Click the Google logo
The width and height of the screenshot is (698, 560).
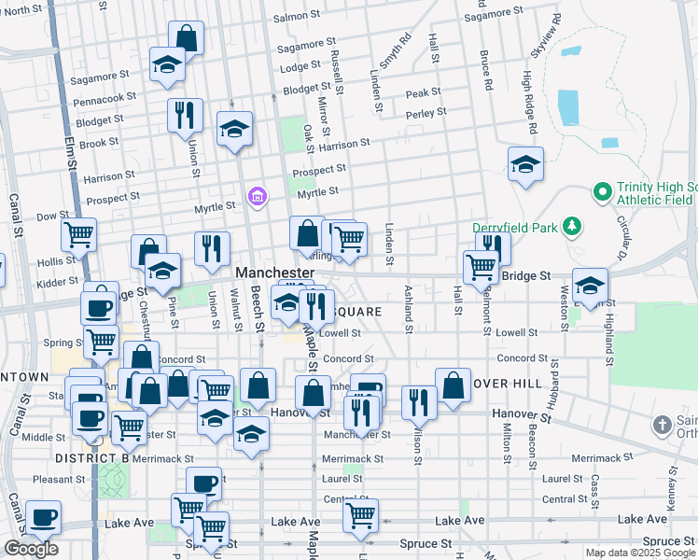31,549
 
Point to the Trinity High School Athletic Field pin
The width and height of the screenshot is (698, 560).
603,193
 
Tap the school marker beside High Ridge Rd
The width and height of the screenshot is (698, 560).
526,165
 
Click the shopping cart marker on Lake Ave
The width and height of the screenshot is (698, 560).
360,515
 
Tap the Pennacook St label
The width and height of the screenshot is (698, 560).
105,96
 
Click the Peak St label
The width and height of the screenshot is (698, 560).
424,92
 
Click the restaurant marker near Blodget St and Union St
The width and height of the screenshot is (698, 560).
185,116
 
